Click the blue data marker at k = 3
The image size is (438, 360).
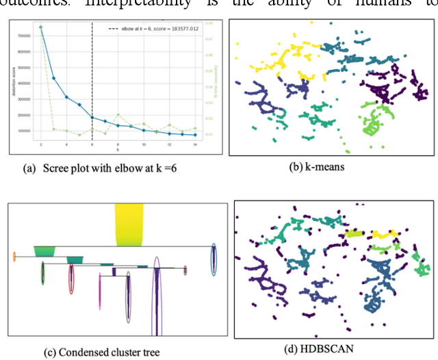(x=54, y=77)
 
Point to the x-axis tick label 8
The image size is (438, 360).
(x=118, y=146)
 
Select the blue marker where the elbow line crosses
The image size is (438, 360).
(x=92, y=117)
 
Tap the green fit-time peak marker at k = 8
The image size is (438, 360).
(x=118, y=114)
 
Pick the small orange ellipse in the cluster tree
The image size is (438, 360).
(x=14, y=257)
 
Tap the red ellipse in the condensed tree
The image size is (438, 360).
(x=70, y=279)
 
